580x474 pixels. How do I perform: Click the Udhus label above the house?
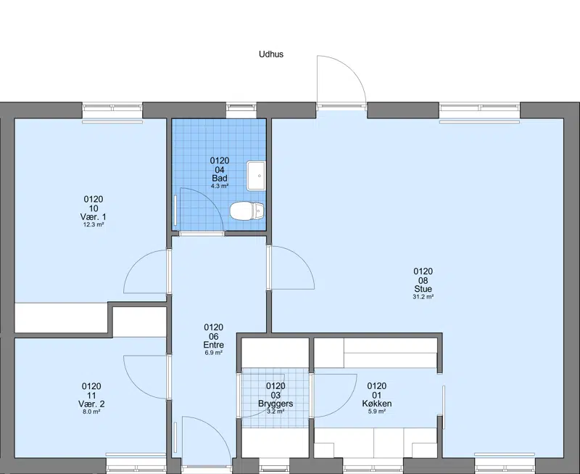coord(270,54)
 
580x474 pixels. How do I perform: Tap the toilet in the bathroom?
coord(247,211)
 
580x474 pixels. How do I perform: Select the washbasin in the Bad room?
coord(256,176)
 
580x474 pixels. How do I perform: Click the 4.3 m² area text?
coord(220,186)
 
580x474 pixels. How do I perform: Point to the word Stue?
coord(423,289)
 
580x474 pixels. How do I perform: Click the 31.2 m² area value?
coord(423,297)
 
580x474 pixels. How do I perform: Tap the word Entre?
coord(213,345)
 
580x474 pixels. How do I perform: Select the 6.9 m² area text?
coord(213,353)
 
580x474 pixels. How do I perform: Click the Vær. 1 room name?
coord(94,216)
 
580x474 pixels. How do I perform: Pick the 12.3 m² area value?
coord(94,224)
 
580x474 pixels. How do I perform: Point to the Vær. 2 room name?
coord(91,404)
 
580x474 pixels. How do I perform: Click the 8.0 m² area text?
coord(91,412)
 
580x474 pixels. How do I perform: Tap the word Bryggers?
coord(275,404)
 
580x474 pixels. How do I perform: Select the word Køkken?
coord(376,404)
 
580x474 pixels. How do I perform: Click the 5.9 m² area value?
coord(376,411)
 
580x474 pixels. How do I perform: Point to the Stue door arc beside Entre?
coord(302,259)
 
